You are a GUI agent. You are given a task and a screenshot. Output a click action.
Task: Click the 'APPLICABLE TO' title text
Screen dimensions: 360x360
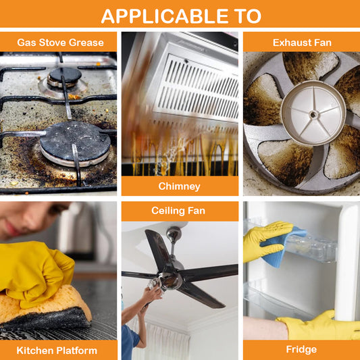pyautogui.click(x=181, y=16)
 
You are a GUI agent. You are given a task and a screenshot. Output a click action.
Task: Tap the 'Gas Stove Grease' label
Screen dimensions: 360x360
pyautogui.click(x=60, y=43)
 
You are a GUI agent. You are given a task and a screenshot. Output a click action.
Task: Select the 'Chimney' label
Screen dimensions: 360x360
pyautogui.click(x=179, y=186)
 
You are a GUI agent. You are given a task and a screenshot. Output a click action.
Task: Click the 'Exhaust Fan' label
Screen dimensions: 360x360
pyautogui.click(x=302, y=43)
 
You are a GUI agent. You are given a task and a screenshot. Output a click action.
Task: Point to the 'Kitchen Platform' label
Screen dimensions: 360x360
pyautogui.click(x=57, y=351)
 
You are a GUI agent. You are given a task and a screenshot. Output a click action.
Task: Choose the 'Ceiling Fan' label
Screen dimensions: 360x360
pyautogui.click(x=178, y=211)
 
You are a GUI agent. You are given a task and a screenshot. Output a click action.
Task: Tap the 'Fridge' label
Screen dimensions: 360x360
pyautogui.click(x=301, y=349)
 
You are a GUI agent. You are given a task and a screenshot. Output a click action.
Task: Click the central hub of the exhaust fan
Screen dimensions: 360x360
pyautogui.click(x=313, y=113)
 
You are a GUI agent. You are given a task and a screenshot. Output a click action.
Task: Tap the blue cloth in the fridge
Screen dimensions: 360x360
pyautogui.click(x=282, y=247)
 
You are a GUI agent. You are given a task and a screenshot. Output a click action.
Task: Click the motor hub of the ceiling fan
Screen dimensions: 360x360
pyautogui.click(x=171, y=278)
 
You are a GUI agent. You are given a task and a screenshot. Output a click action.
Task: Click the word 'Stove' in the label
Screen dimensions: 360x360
pyautogui.click(x=53, y=43)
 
